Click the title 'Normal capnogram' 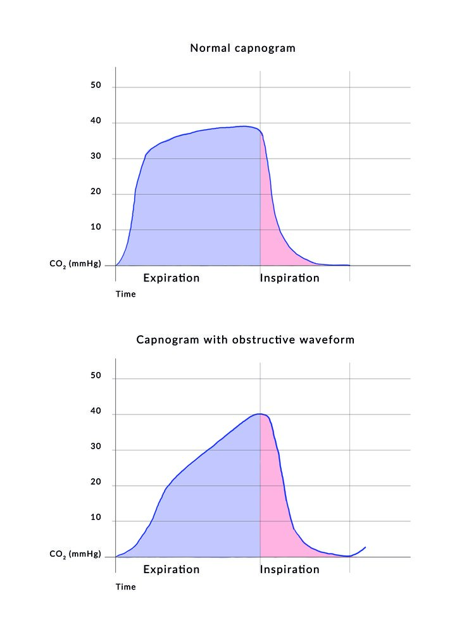[x=242, y=48]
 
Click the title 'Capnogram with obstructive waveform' [x=246, y=340]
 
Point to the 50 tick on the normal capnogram [x=96, y=86]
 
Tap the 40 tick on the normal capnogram [x=96, y=122]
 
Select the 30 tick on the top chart [x=96, y=158]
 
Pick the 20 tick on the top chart [x=96, y=193]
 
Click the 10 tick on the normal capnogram [x=96, y=228]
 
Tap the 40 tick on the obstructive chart [x=96, y=414]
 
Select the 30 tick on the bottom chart [x=96, y=449]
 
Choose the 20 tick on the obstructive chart [x=96, y=485]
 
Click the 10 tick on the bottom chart [x=96, y=520]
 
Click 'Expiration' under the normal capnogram [x=172, y=278]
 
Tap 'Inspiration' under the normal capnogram [x=290, y=278]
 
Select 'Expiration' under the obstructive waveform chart [x=172, y=569]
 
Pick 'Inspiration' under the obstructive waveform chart [x=290, y=569]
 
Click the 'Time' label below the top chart [x=125, y=294]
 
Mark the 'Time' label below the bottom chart [x=125, y=586]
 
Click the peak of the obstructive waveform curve [x=260, y=414]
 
